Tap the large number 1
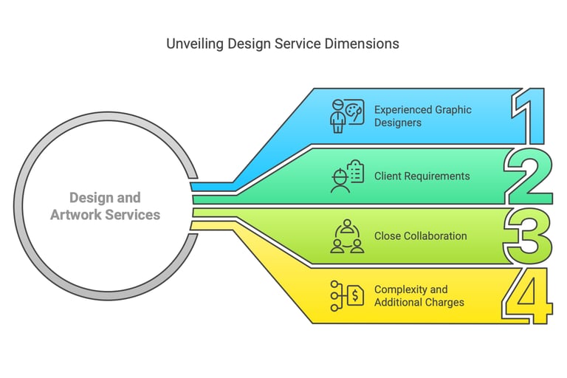[529, 116]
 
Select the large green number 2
[529, 176]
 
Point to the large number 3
[528, 236]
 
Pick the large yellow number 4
[527, 296]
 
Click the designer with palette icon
[347, 116]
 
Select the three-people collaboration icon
[347, 236]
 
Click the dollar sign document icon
[347, 296]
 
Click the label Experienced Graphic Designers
[423, 116]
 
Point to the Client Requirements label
[422, 176]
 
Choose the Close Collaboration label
[421, 236]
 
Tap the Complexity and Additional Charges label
[419, 296]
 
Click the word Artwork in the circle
[76, 215]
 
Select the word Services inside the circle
[133, 215]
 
